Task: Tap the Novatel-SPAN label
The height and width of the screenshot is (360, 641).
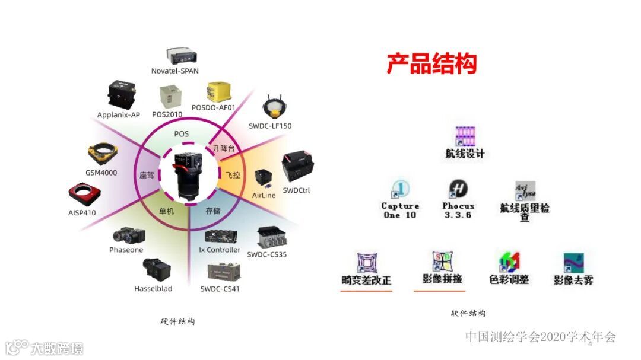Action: [174, 71]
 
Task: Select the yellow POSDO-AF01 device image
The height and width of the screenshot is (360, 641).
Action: [214, 93]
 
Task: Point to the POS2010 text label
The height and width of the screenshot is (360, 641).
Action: [167, 114]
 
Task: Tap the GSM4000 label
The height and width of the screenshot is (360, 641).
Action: [101, 173]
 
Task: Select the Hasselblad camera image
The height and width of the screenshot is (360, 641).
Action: [156, 270]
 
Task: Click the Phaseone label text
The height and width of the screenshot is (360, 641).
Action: [126, 250]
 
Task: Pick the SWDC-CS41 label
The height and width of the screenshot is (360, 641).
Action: [220, 289]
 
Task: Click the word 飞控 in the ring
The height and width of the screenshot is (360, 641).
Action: [233, 176]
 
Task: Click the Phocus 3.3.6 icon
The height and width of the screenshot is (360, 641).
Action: [458, 190]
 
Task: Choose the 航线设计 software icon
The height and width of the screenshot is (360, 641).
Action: [465, 138]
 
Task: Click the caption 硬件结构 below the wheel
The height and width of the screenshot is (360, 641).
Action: [177, 321]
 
